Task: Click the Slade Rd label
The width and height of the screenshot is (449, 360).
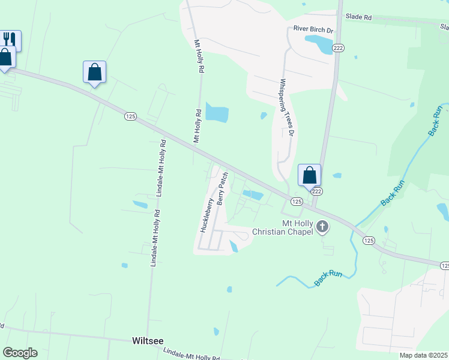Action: point(359,17)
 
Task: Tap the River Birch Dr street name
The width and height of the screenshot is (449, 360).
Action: point(313,28)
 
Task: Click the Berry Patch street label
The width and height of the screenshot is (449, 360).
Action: point(222,188)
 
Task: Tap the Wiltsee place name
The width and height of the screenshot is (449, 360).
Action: point(147,340)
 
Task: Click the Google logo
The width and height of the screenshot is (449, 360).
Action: point(20,353)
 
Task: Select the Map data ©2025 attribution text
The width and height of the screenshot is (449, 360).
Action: point(423,355)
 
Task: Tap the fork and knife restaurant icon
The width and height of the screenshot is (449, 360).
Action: point(10,40)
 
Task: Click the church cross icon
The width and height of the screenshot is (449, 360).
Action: point(323,227)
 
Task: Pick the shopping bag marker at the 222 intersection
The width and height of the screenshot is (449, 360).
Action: point(309,175)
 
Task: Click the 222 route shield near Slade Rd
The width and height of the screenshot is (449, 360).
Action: point(338,48)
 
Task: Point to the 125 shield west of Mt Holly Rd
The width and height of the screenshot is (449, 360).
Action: point(130,116)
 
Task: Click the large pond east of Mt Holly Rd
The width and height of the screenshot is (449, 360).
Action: point(217,112)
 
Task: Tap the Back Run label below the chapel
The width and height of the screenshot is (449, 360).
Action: point(329,277)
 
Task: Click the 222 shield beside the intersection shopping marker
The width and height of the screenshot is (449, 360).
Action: point(317,191)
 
